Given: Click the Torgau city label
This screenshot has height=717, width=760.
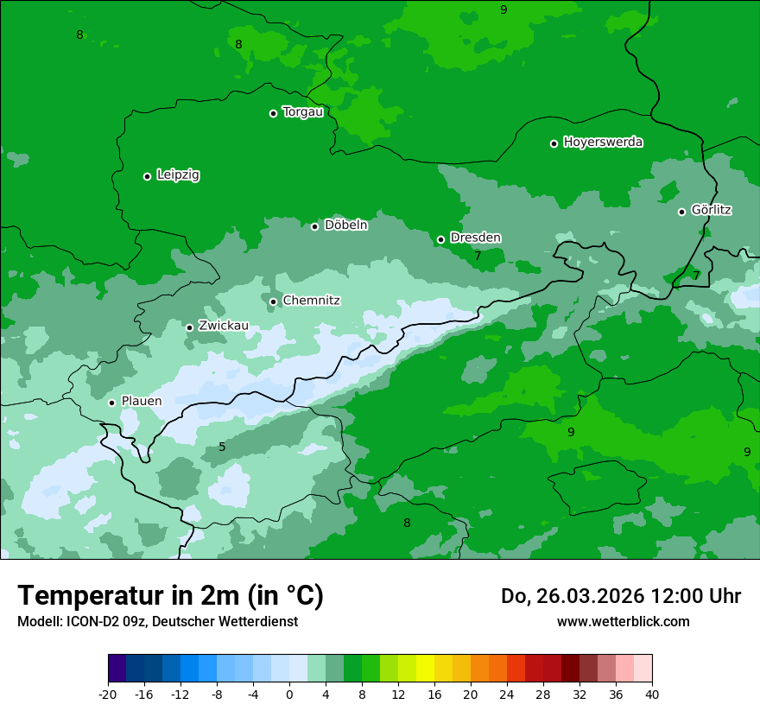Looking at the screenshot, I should (302, 112).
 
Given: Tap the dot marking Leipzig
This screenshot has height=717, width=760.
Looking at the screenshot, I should (147, 176).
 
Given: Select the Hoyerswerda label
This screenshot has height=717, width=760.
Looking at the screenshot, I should (603, 143).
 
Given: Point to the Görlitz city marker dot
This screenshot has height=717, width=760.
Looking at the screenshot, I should (681, 212).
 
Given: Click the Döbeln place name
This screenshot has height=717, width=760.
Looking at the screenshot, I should (345, 225).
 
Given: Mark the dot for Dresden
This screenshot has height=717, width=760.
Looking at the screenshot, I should (440, 239).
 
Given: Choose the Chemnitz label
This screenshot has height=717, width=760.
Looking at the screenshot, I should (311, 301).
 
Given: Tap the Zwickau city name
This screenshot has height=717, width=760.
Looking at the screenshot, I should (224, 326).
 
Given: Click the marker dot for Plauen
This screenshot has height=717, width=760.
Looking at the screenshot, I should (111, 403).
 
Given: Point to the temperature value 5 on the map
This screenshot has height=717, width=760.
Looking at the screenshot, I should (222, 447).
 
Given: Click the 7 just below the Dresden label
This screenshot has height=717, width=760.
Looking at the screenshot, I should (478, 256).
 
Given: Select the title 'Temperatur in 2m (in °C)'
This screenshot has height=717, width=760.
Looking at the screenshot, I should (170, 596).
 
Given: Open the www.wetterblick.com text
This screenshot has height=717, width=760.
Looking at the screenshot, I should (623, 622).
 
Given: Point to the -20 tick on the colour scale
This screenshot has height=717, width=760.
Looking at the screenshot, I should (108, 695).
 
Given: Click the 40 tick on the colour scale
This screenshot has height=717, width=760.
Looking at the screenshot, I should (652, 695).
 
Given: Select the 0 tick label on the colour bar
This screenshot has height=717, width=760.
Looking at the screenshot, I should (289, 695).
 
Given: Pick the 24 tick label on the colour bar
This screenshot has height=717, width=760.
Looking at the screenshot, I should (507, 695).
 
